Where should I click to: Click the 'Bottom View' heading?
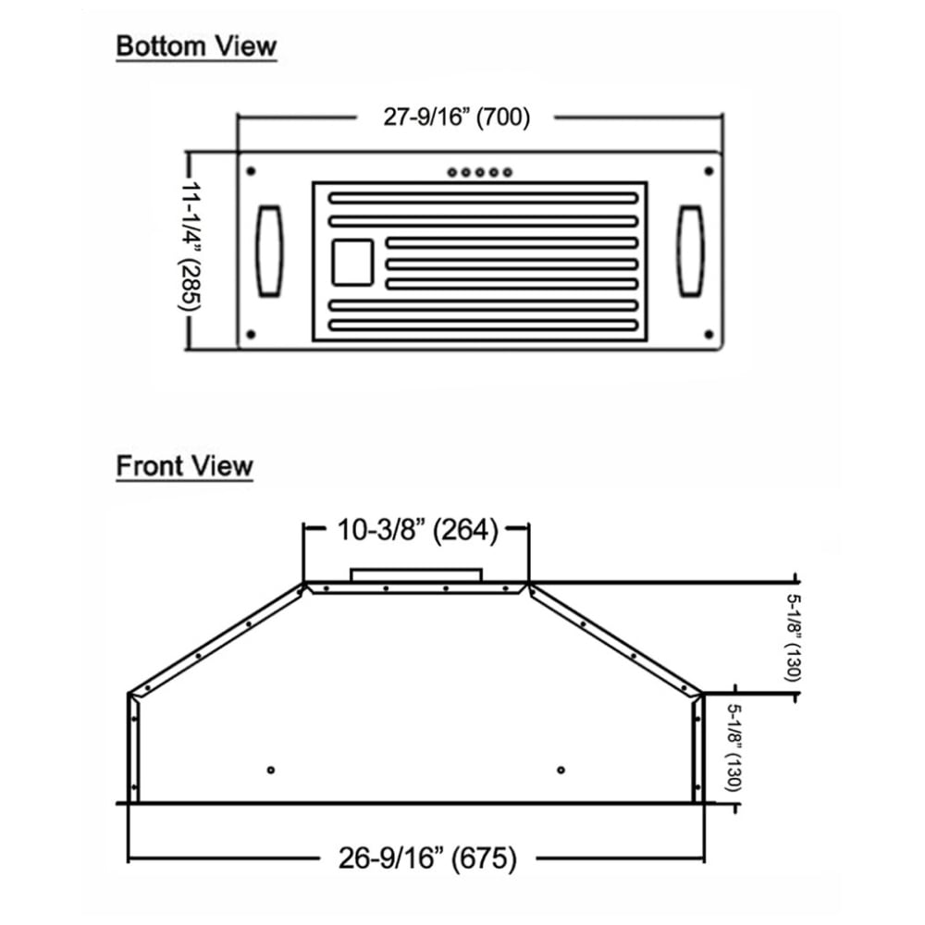pos(196,46)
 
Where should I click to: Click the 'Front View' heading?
pos(184,465)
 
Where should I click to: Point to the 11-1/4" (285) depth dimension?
pos(191,250)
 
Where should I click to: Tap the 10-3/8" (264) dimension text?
pos(417,530)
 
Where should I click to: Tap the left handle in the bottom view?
pos(269,251)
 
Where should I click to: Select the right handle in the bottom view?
pos(690,251)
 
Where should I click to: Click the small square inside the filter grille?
pos(352,262)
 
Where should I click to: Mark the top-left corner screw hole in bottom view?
pos(251,170)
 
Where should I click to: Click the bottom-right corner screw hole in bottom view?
pos(709,333)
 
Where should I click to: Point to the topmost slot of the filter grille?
pos(483,198)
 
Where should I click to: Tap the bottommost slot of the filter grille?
pos(483,326)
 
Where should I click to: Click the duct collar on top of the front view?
pos(416,573)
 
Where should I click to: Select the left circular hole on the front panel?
pos(270,770)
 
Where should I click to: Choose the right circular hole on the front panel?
pos(561,770)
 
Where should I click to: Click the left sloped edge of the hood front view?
pos(217,637)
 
